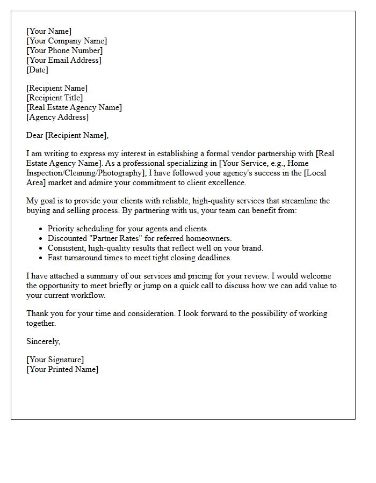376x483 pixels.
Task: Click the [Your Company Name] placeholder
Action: point(67,41)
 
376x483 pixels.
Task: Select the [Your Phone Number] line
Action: point(64,50)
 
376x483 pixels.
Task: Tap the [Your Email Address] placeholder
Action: point(64,60)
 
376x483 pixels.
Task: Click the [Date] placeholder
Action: point(37,70)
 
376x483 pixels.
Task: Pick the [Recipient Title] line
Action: point(54,98)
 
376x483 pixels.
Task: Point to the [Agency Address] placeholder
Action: point(57,117)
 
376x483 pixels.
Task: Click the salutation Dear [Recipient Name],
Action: point(67,135)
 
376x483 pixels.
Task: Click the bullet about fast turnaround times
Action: point(140,258)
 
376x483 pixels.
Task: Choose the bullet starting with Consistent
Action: point(155,248)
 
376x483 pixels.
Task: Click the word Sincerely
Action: point(43,341)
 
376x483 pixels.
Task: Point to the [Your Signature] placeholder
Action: point(55,360)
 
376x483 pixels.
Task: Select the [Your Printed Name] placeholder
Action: point(62,369)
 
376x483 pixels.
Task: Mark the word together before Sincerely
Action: point(41,323)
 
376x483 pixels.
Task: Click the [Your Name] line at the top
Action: point(48,31)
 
